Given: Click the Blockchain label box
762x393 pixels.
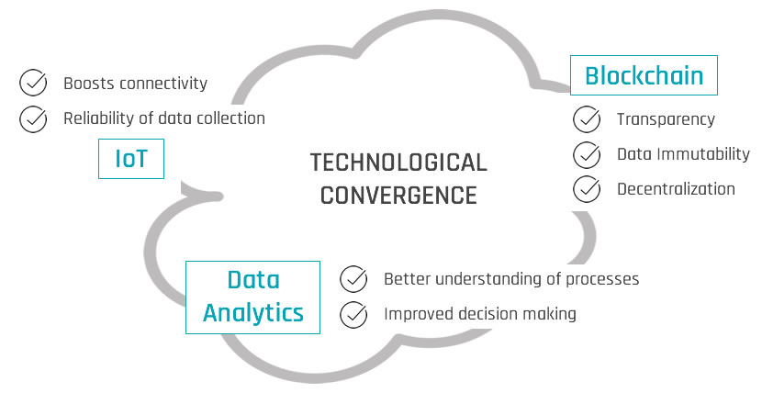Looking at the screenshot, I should point(644,74).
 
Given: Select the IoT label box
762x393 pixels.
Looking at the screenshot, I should point(131,160).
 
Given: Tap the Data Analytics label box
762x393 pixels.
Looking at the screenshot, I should point(253,296).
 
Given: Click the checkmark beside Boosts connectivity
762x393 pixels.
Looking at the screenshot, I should point(34,84).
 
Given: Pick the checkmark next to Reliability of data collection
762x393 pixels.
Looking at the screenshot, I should point(34,118).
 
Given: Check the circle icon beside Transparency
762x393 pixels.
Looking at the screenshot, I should point(587,119).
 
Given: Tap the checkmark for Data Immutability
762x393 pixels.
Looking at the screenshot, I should point(587,154).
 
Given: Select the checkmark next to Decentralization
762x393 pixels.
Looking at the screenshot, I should point(587,189).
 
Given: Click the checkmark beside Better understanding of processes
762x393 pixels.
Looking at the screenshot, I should point(353,278).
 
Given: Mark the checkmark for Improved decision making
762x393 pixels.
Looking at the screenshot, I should point(353,314).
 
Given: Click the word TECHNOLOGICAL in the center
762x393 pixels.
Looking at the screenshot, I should point(398,163).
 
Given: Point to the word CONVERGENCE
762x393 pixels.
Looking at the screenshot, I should point(398,196).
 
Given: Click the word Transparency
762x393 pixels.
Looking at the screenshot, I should point(666,119).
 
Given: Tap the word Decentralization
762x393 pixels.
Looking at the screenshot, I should point(676,189).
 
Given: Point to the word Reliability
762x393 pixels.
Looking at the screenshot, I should point(98,118).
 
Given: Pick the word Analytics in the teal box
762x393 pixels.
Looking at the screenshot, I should point(253,312).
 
